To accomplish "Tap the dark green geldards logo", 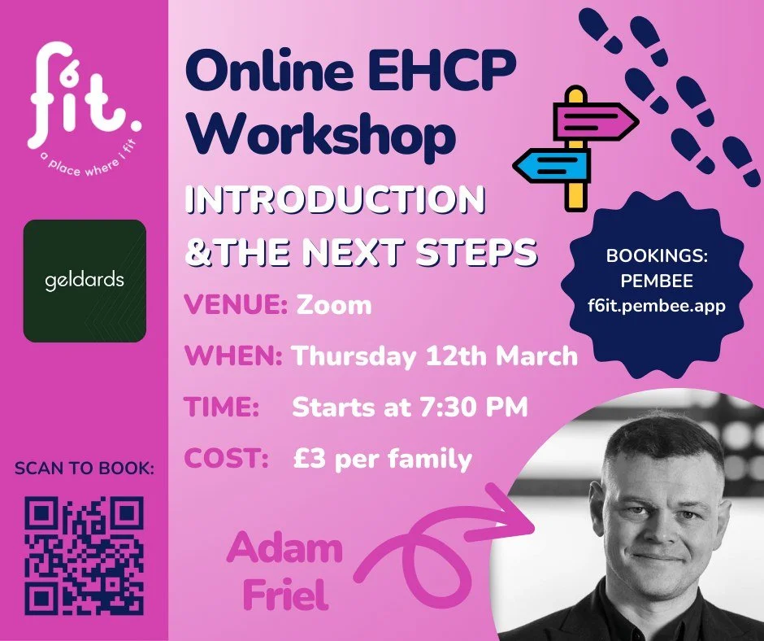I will point(85,281).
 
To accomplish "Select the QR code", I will point(85,556).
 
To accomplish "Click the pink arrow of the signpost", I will point(597,123).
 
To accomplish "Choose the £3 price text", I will point(308,458).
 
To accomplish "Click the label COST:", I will point(227,458).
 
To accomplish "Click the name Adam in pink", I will point(284,550).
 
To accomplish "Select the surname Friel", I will point(279,595).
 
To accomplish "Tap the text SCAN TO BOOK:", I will point(84,469).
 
